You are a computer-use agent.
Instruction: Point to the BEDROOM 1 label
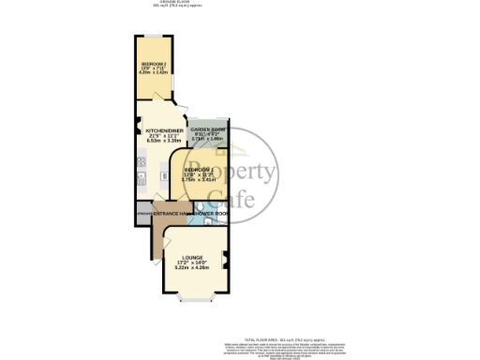click(x=196, y=170)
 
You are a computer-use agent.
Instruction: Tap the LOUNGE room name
click(x=193, y=256)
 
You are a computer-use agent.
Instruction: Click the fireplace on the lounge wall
click(x=225, y=264)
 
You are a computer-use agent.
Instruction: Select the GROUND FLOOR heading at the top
click(x=169, y=3)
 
